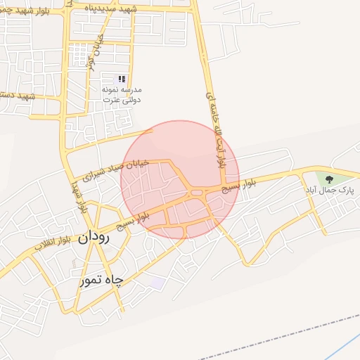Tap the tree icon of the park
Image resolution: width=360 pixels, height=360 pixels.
(328, 179)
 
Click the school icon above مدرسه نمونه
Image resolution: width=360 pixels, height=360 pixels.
(122, 79)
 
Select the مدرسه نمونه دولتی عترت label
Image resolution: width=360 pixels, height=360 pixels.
(127, 96)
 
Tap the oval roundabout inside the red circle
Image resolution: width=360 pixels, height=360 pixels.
(195, 191)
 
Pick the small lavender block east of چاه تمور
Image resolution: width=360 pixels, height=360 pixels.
(157, 283)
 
